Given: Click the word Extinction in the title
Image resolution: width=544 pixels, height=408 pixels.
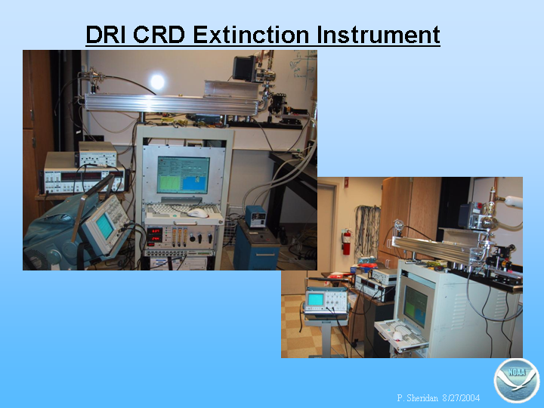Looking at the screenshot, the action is pyautogui.click(x=251, y=35).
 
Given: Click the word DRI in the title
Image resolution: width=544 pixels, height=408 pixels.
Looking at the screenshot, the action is pyautogui.click(x=106, y=35).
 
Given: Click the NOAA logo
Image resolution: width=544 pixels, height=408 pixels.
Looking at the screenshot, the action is pyautogui.click(x=517, y=381).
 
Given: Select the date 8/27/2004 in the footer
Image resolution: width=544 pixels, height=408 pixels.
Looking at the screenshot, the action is pyautogui.click(x=461, y=397).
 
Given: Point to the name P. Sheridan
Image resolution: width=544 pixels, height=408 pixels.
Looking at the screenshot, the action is pyautogui.click(x=417, y=397).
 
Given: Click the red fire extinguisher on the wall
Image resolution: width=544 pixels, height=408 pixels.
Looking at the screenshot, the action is pyautogui.click(x=347, y=242).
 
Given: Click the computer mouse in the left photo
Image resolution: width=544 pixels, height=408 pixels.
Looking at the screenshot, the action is pyautogui.click(x=197, y=213).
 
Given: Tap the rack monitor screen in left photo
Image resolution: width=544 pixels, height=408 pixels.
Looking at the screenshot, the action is pyautogui.click(x=183, y=175).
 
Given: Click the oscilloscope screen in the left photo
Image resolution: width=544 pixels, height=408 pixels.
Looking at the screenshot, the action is pyautogui.click(x=105, y=226).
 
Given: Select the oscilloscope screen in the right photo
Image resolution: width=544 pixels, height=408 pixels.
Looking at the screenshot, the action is pyautogui.click(x=315, y=299).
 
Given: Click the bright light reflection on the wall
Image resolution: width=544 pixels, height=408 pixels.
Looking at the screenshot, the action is pyautogui.click(x=157, y=82).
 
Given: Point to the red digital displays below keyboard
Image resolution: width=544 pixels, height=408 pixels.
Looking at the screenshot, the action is pyautogui.click(x=155, y=234).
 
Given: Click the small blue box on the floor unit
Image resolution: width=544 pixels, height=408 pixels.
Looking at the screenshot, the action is pyautogui.click(x=256, y=216).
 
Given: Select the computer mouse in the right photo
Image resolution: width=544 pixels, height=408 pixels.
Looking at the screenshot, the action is pyautogui.click(x=397, y=335).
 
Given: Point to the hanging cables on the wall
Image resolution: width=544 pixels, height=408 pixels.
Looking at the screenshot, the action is pyautogui.click(x=367, y=229).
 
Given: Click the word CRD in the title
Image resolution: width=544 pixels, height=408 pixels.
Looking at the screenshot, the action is pyautogui.click(x=159, y=35).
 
